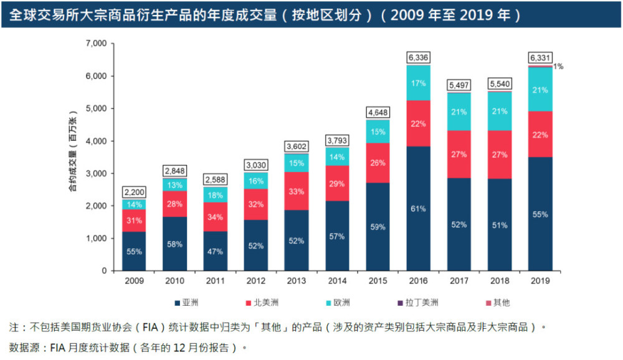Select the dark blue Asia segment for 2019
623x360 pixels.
pos(540,214)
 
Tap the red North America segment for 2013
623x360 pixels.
pos(297,191)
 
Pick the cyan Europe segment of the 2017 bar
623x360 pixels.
pos(459,111)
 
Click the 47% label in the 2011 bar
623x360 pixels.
pos(216,252)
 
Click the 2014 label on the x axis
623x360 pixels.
pos(337,281)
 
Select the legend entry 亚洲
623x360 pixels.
pos(189,303)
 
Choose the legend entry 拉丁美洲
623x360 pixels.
pos(425,303)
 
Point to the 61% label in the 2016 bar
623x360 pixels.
pos(419,209)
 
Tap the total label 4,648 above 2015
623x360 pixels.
pos(378,113)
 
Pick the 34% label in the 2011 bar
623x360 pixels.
pos(216,217)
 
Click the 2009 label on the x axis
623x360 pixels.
pos(135,281)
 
